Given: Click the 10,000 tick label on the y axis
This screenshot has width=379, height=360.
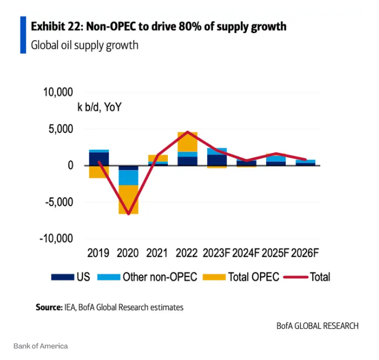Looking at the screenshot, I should (x=58, y=92).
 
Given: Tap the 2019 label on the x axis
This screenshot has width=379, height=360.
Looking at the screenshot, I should (x=99, y=253).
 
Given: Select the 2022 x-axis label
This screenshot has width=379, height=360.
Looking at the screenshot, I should (x=188, y=253).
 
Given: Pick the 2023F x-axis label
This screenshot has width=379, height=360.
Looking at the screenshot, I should (x=217, y=253).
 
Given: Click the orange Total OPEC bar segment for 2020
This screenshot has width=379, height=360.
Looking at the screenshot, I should (x=128, y=199).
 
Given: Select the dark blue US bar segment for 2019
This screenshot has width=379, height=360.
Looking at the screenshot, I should (x=99, y=158).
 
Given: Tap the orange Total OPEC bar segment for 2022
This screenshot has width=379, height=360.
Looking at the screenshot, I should (x=188, y=142).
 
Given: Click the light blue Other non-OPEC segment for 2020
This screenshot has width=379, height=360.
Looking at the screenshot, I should (x=128, y=177).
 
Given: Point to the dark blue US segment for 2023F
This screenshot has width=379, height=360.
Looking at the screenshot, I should (x=217, y=159).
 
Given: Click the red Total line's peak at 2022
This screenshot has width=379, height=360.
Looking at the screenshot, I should (x=188, y=132).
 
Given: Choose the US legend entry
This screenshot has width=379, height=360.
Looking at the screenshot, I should (x=71, y=277).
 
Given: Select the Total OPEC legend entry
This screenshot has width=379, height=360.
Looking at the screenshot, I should (x=241, y=277).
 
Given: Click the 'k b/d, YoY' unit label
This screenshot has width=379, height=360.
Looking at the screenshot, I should (x=99, y=107).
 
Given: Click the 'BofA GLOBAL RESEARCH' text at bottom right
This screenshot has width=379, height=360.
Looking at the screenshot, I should (x=318, y=325).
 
